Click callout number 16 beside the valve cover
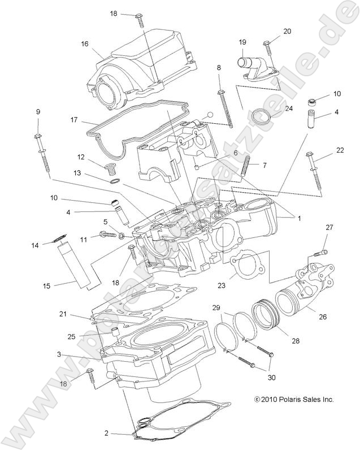[85, 44]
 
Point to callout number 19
[242, 42]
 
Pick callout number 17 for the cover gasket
[75, 120]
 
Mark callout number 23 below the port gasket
[221, 286]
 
